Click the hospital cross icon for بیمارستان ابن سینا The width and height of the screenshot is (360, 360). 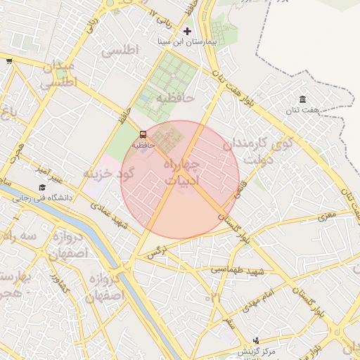coord(186,31)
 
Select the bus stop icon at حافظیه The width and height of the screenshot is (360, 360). coord(143,134)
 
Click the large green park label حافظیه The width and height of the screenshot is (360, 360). coord(174,96)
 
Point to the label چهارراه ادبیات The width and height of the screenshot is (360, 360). coord(181,172)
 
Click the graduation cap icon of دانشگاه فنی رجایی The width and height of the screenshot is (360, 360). coord(42,188)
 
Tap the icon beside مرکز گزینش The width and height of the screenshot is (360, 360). coord(255,340)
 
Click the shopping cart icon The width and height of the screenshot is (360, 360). coord(8,61)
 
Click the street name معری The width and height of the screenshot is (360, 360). coord(327,217)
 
